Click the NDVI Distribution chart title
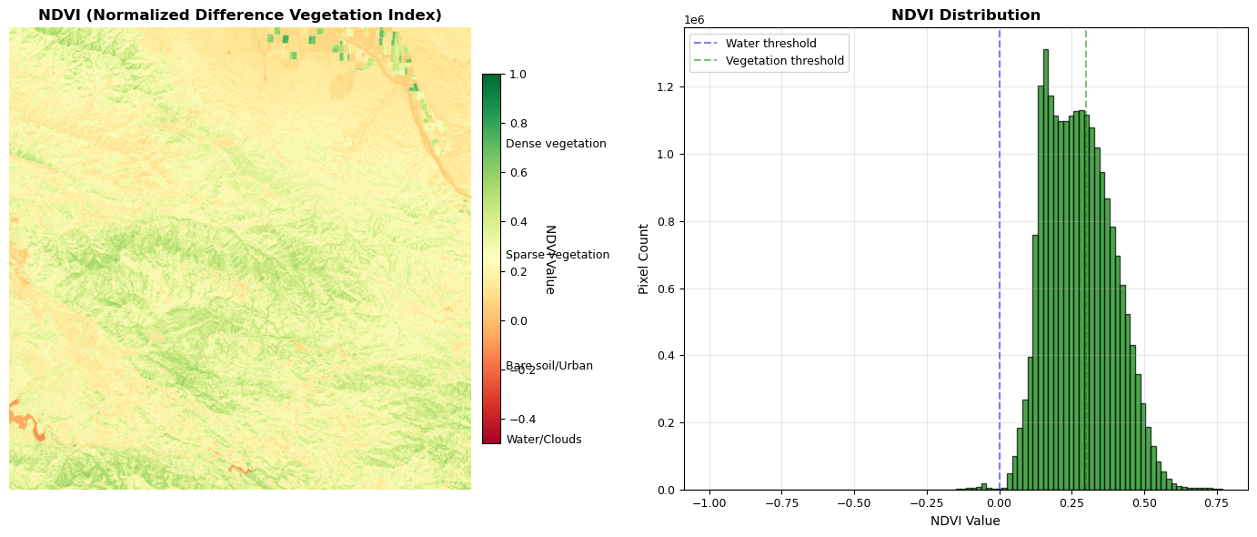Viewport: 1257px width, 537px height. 965,15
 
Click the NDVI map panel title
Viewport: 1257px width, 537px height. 240,15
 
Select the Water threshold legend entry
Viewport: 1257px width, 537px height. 770,44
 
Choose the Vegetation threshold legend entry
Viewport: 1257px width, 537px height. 784,61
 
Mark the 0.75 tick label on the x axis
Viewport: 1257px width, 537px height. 1217,502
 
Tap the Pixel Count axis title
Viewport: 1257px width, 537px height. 644,258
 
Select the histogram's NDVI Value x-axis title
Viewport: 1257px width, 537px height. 965,521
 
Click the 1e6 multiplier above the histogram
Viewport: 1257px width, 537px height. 693,19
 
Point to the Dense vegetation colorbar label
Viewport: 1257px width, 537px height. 556,144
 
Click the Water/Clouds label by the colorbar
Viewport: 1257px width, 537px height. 543,440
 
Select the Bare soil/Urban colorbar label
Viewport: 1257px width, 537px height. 549,366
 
